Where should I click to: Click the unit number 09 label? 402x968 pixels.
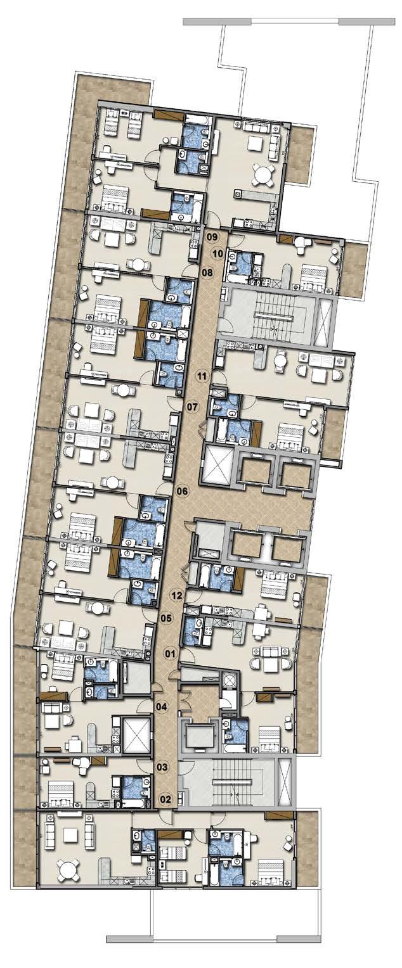(x=212, y=236)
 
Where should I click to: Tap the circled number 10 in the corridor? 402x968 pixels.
(x=217, y=253)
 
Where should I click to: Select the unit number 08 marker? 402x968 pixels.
(x=208, y=272)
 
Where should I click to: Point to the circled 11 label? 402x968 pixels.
(x=201, y=376)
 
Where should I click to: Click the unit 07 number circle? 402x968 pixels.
(x=191, y=407)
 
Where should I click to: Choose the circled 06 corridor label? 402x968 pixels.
(x=182, y=491)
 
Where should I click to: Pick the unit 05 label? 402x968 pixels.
(x=166, y=618)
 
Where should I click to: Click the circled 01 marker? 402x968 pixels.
(x=171, y=653)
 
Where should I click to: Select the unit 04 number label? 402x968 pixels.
(x=162, y=707)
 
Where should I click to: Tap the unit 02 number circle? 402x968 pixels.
(x=165, y=799)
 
